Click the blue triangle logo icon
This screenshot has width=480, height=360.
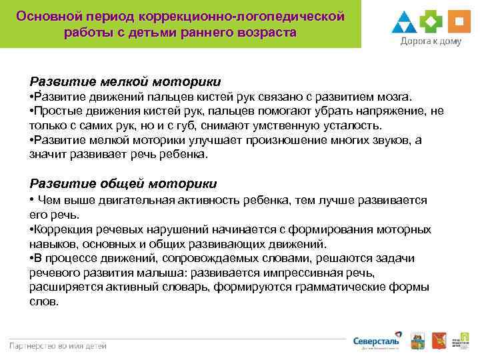[x=404, y=23]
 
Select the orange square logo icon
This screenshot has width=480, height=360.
[x=459, y=22]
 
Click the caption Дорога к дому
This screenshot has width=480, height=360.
[x=431, y=42]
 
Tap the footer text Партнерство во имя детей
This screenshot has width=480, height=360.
[x=57, y=345]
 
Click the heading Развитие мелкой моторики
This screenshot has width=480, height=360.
[x=125, y=82]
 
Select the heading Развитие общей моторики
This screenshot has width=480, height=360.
[x=123, y=183]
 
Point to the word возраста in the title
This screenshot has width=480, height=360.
[x=265, y=32]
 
